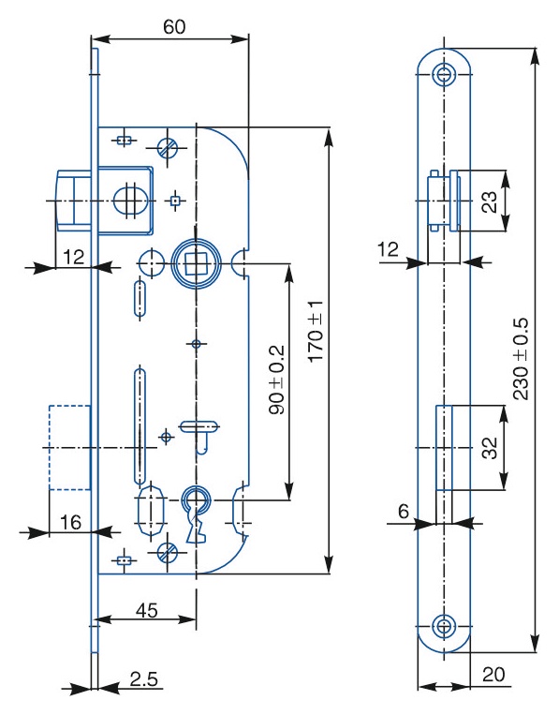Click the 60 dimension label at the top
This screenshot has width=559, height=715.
(x=174, y=27)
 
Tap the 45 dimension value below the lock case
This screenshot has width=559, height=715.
(x=147, y=610)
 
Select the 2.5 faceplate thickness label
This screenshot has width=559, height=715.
(x=143, y=679)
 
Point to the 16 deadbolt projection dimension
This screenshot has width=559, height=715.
(x=71, y=522)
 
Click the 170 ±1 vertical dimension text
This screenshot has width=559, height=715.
(x=316, y=332)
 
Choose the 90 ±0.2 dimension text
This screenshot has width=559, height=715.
(x=277, y=380)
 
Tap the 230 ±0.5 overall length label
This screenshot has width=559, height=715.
(x=521, y=358)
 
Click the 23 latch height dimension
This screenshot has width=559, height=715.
(x=490, y=202)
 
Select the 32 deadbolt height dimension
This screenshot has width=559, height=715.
(x=490, y=448)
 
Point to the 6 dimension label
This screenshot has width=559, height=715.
(x=404, y=512)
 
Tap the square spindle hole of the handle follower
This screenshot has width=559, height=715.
(x=196, y=263)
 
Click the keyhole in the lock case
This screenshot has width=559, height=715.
(x=197, y=514)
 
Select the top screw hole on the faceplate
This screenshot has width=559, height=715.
(x=444, y=73)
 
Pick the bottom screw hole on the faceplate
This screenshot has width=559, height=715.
(x=443, y=626)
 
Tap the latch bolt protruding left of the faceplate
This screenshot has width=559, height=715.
(x=73, y=201)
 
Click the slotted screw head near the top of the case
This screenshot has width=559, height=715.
(x=168, y=147)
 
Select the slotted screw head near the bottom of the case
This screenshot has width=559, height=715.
(x=168, y=552)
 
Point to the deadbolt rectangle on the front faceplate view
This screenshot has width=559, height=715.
(x=444, y=448)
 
